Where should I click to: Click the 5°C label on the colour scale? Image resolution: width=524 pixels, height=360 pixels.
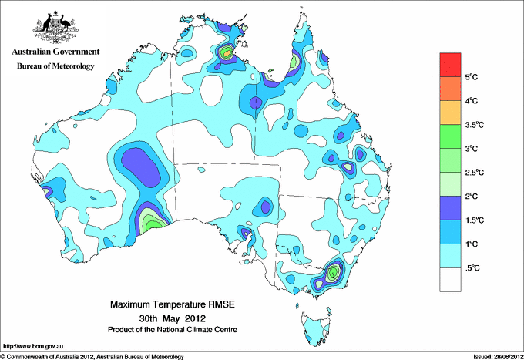471,77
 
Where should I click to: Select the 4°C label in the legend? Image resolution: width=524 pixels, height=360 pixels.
471,101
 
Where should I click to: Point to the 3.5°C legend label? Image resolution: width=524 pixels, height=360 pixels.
473,125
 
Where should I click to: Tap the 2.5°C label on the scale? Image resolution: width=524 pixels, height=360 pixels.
473,173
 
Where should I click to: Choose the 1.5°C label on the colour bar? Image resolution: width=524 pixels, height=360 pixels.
473,220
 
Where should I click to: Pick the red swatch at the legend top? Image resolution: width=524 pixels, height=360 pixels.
450,65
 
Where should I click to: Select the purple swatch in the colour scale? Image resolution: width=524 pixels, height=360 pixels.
450,208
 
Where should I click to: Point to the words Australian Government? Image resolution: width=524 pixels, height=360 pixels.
55,52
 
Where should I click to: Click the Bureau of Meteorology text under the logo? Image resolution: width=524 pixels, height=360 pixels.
55,67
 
